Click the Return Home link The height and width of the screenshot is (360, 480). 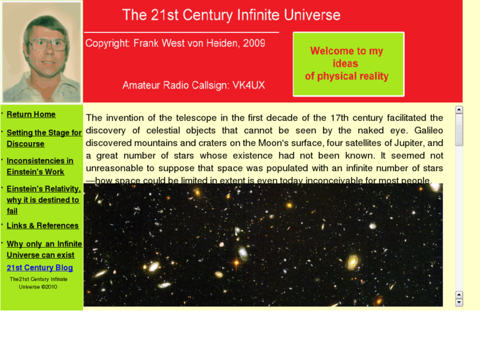tap(31, 114)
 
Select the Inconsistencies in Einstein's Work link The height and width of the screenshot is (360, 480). tap(40, 166)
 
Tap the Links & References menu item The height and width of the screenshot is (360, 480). tap(42, 226)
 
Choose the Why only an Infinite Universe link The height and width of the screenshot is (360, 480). tap(44, 249)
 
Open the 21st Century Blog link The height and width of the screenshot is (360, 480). tap(40, 268)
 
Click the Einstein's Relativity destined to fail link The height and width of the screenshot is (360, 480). tap(43, 199)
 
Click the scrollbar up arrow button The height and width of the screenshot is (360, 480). tap(459, 110)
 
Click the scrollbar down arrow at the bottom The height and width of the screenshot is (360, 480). tap(459, 303)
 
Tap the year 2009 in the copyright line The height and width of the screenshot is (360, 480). tap(254, 44)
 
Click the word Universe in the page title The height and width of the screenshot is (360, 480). tap(309, 15)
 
